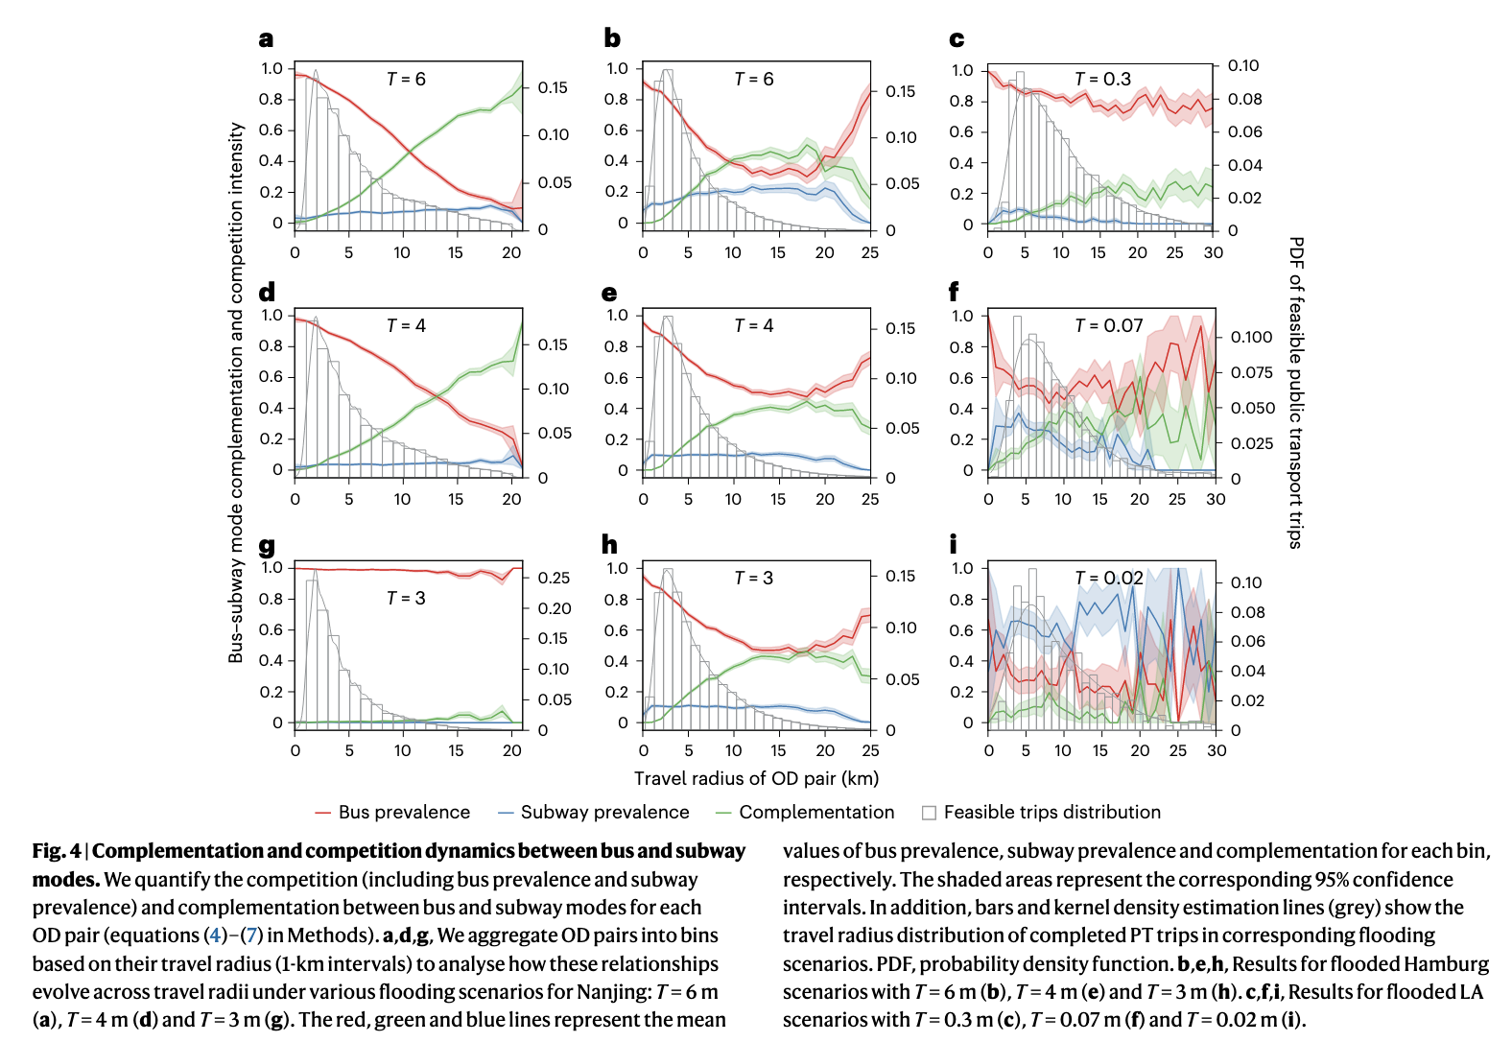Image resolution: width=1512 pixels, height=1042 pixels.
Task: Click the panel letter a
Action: coord(266,39)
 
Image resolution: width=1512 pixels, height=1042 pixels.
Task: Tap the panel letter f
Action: coord(954,292)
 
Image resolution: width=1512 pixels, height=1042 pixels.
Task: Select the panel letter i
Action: coord(953,544)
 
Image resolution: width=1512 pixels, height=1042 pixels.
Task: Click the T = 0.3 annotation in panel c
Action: coord(1102,79)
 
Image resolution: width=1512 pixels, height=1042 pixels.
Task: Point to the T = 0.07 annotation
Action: coord(1108,326)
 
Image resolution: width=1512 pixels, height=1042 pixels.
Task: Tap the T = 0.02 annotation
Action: coord(1108,578)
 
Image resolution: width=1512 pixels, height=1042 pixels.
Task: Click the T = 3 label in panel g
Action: coord(406,598)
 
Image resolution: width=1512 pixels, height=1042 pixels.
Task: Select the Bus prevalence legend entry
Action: coord(404,812)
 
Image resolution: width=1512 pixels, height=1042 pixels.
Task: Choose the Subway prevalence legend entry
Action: coord(604,812)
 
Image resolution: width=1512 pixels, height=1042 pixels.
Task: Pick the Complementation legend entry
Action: coord(816,812)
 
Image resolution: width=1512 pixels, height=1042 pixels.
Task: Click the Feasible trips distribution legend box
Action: coord(929,813)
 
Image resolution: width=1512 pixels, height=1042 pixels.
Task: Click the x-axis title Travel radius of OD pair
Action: coord(756,778)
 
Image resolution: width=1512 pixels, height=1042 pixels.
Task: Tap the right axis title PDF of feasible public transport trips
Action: coord(1296,392)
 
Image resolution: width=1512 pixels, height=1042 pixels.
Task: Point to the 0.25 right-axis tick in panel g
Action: coord(555,578)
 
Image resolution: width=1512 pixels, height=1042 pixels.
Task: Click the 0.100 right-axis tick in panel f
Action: coord(1251,337)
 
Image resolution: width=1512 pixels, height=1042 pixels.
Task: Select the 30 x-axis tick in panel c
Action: coord(1214,252)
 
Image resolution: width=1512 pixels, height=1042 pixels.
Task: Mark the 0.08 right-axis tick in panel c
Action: coord(1244,99)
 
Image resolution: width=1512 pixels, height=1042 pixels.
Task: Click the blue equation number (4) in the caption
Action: coord(216,935)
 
